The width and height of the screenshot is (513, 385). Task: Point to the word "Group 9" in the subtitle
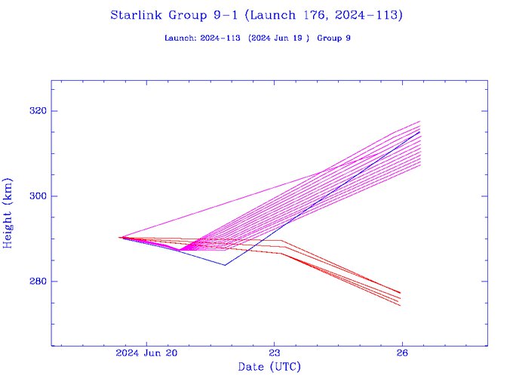(x=334, y=38)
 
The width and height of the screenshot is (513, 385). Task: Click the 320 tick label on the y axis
(x=38, y=111)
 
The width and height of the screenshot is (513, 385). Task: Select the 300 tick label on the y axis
(x=38, y=196)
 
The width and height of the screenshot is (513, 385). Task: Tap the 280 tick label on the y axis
(x=38, y=282)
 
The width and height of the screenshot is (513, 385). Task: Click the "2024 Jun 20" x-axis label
(x=147, y=353)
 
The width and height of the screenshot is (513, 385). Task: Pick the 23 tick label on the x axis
(x=275, y=353)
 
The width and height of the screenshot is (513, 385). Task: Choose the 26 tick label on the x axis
(x=402, y=353)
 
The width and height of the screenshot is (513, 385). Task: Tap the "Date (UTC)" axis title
(x=269, y=367)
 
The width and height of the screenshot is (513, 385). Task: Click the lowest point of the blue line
(x=225, y=265)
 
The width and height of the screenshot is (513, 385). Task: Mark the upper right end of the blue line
(x=419, y=131)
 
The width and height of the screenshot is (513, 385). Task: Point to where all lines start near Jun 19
(x=121, y=237)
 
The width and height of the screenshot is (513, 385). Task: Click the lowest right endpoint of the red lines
(x=400, y=305)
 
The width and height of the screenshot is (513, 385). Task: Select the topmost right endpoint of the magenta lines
(x=419, y=121)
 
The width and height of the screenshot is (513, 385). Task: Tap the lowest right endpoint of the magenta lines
(x=419, y=165)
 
